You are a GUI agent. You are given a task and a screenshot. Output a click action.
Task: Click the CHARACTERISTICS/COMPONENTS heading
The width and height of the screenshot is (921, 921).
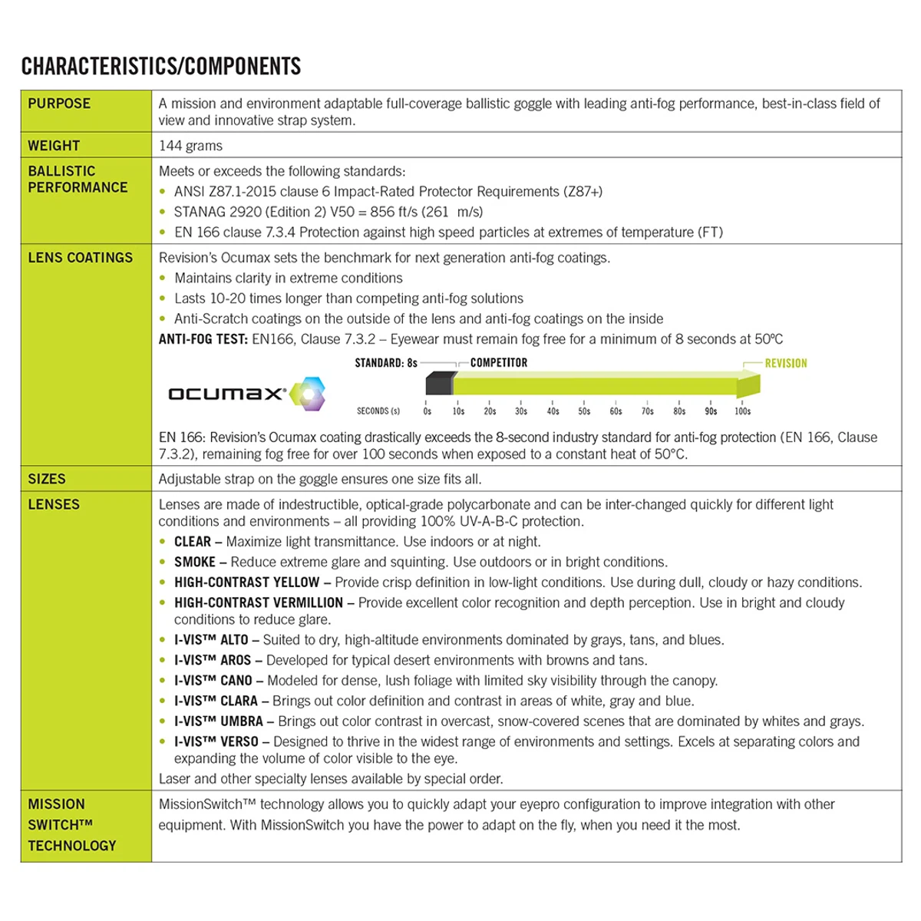click(x=161, y=66)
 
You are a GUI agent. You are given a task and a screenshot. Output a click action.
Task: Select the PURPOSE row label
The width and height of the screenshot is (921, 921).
click(x=59, y=104)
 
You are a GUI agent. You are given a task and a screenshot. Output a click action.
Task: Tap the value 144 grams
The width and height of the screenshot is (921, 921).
click(x=190, y=146)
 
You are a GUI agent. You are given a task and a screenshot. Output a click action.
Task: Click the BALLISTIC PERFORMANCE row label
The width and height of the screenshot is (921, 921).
click(x=78, y=179)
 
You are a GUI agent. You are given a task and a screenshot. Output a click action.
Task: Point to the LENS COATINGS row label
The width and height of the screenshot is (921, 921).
click(x=80, y=258)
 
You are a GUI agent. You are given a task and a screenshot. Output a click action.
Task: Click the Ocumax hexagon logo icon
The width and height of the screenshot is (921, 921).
click(x=307, y=394)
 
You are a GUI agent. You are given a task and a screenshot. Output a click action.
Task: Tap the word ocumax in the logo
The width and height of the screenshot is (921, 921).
click(x=226, y=394)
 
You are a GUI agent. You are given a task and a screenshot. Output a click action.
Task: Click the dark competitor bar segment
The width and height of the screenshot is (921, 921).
click(x=440, y=382)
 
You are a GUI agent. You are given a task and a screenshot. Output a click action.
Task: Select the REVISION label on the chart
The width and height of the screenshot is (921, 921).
click(x=785, y=363)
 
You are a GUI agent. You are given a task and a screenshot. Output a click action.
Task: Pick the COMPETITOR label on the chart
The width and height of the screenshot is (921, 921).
click(x=499, y=362)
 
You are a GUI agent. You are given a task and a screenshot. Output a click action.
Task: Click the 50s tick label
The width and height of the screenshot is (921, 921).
click(x=584, y=411)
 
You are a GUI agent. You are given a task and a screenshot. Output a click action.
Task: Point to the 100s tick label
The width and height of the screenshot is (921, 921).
click(x=742, y=411)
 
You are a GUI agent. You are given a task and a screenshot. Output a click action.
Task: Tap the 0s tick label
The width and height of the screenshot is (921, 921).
click(x=427, y=411)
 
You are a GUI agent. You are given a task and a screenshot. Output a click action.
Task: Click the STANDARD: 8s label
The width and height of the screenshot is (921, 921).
click(x=386, y=362)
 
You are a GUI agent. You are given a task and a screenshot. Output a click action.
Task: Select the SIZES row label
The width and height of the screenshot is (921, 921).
click(x=47, y=479)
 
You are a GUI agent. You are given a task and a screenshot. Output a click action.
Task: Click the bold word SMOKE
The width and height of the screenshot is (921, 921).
click(x=194, y=562)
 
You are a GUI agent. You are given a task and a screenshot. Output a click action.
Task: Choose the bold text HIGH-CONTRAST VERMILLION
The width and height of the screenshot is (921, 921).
click(x=258, y=602)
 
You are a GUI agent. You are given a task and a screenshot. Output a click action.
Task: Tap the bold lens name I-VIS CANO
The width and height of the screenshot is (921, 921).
click(x=213, y=681)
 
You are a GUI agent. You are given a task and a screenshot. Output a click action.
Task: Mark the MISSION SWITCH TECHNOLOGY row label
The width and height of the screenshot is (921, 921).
click(x=71, y=825)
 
